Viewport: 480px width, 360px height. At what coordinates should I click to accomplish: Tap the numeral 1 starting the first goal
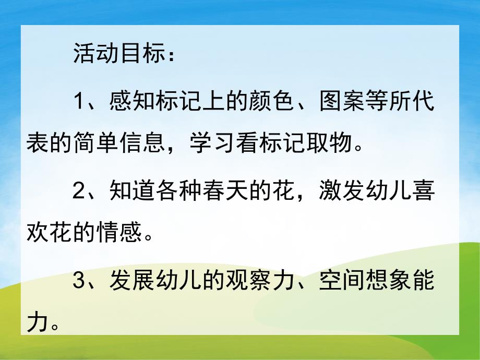(79, 102)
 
